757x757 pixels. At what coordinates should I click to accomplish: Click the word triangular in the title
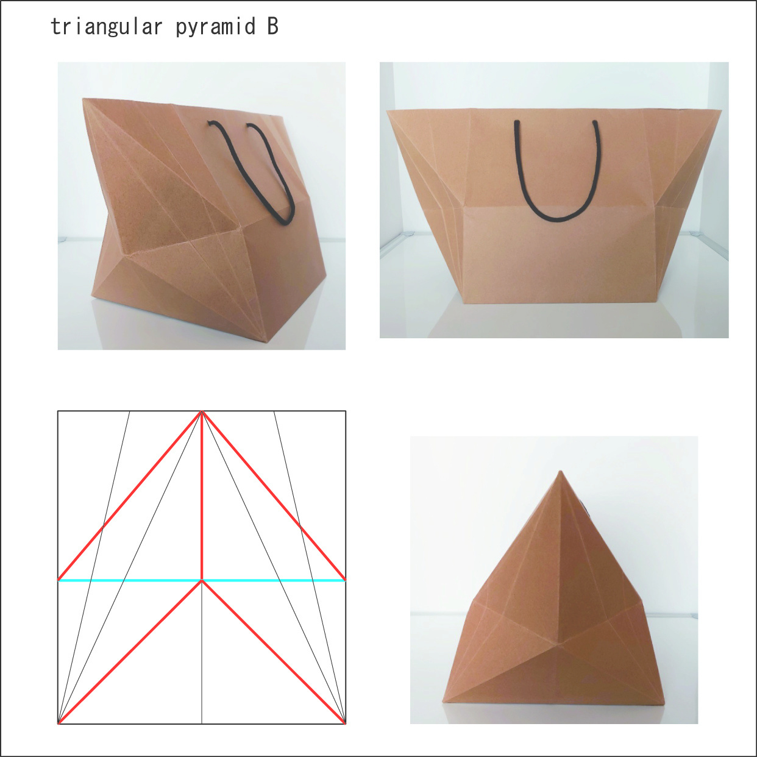[x=107, y=27]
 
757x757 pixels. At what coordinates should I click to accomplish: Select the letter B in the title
[x=272, y=26]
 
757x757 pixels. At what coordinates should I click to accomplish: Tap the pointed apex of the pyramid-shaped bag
[x=560, y=471]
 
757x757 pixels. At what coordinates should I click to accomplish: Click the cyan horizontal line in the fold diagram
[x=202, y=580]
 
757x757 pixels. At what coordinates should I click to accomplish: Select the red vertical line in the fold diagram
[x=202, y=496]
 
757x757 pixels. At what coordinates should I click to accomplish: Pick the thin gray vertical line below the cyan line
[x=202, y=652]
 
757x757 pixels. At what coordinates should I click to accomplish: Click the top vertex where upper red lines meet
[x=202, y=411]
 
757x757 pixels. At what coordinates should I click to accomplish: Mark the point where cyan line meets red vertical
[x=202, y=580]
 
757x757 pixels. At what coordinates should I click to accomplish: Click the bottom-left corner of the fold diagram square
[x=58, y=723]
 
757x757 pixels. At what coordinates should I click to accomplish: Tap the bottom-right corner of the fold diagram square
[x=346, y=723]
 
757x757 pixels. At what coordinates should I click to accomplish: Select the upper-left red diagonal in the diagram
[x=130, y=496]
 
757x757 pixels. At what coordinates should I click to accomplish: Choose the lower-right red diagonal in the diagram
[x=274, y=652]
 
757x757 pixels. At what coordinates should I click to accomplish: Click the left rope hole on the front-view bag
[x=517, y=122]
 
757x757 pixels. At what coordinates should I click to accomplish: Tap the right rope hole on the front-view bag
[x=595, y=122]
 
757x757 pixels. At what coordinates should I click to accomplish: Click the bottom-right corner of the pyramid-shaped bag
[x=664, y=703]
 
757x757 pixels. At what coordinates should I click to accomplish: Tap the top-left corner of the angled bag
[x=84, y=99]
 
